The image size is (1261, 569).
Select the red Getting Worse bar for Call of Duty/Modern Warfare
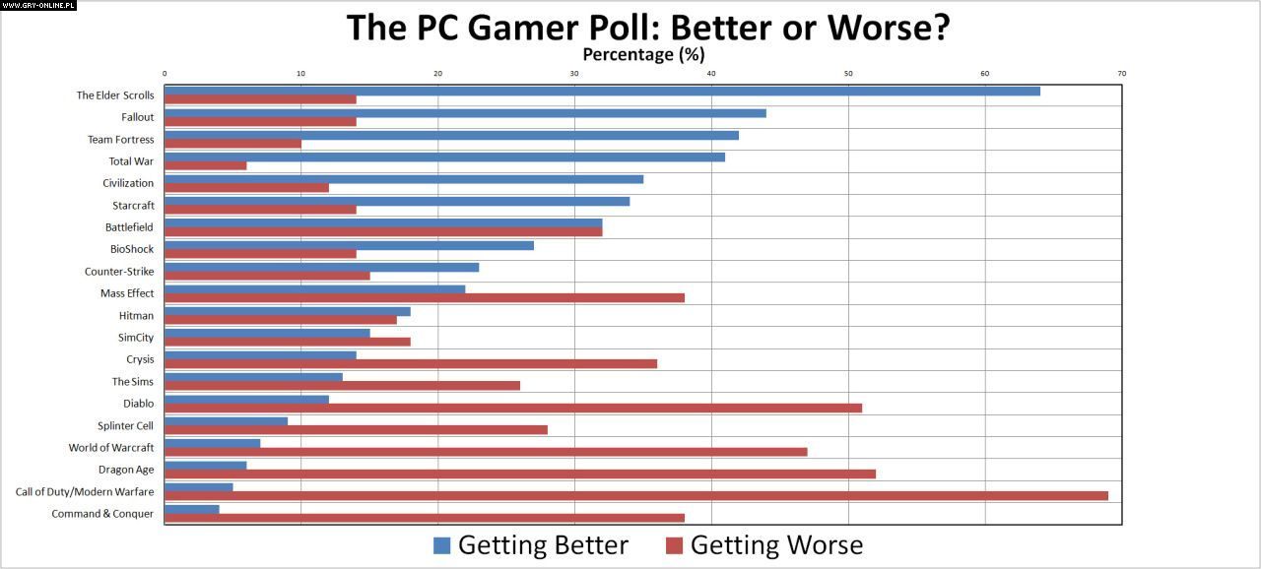(635, 495)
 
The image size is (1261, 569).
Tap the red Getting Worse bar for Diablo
(512, 408)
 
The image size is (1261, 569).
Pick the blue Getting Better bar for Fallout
(465, 113)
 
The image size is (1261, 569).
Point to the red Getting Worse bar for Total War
(205, 165)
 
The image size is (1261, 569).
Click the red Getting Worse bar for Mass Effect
(424, 297)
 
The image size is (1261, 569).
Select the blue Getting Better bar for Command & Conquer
(191, 509)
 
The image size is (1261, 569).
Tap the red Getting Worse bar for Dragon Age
(519, 474)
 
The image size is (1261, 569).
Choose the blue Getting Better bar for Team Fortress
(451, 135)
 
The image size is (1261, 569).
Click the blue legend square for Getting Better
(441, 545)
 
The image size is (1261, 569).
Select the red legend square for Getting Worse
(675, 545)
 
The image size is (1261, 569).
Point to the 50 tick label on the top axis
(848, 74)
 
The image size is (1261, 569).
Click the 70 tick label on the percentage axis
(1121, 74)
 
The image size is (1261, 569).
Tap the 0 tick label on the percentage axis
(165, 74)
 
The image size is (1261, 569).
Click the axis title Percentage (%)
(643, 55)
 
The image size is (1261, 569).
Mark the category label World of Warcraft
(110, 447)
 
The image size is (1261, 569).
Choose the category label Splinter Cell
(125, 425)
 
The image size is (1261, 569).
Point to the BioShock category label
(132, 249)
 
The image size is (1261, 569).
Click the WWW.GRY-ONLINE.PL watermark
(39, 6)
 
